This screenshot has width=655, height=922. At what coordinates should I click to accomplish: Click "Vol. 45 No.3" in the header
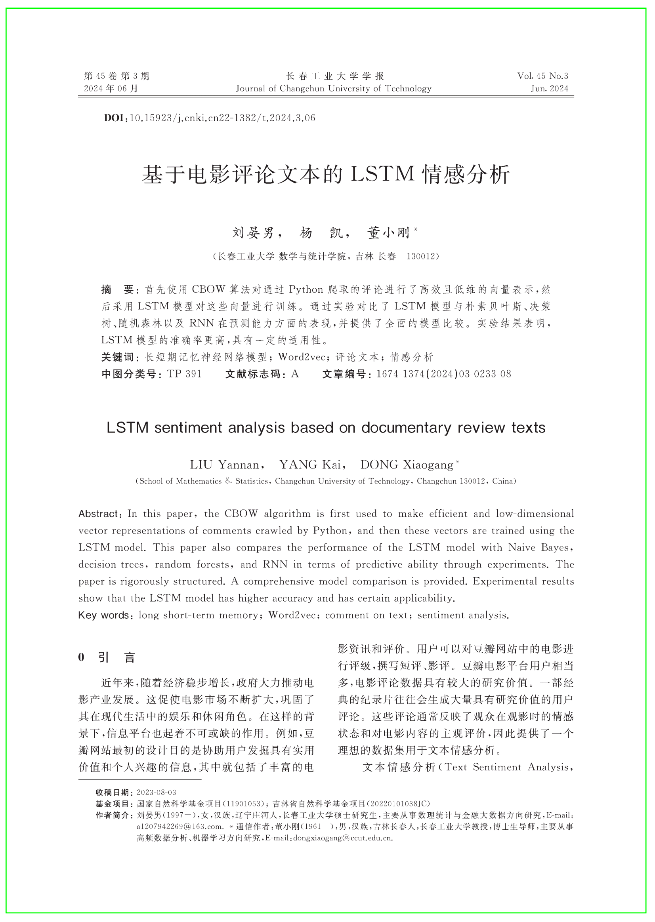pos(542,76)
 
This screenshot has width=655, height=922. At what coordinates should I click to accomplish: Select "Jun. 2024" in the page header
pos(549,89)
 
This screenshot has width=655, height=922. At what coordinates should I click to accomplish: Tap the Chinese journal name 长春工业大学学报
pos(334,76)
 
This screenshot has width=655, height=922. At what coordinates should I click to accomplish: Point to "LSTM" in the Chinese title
pos(382,174)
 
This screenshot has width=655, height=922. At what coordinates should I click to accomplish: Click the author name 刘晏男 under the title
pos(253,232)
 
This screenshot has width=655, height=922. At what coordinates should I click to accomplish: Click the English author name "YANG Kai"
pos(310,465)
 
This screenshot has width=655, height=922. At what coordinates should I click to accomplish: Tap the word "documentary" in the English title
pos(406,428)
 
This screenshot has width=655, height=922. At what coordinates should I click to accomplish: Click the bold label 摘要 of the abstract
pos(117,290)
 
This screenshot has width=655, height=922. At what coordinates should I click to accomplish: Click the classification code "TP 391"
pos(184,374)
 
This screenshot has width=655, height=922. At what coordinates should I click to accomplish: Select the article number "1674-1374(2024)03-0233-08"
pos(443,374)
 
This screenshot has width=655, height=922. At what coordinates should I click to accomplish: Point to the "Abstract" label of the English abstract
pos(98,514)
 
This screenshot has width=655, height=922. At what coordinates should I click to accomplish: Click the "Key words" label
pos(104,615)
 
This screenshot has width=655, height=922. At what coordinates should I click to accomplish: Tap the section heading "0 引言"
pos(107,657)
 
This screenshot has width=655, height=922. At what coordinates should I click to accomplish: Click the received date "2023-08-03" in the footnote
pos(156,792)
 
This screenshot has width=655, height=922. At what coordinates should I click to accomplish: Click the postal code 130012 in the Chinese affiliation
pos(421,256)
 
